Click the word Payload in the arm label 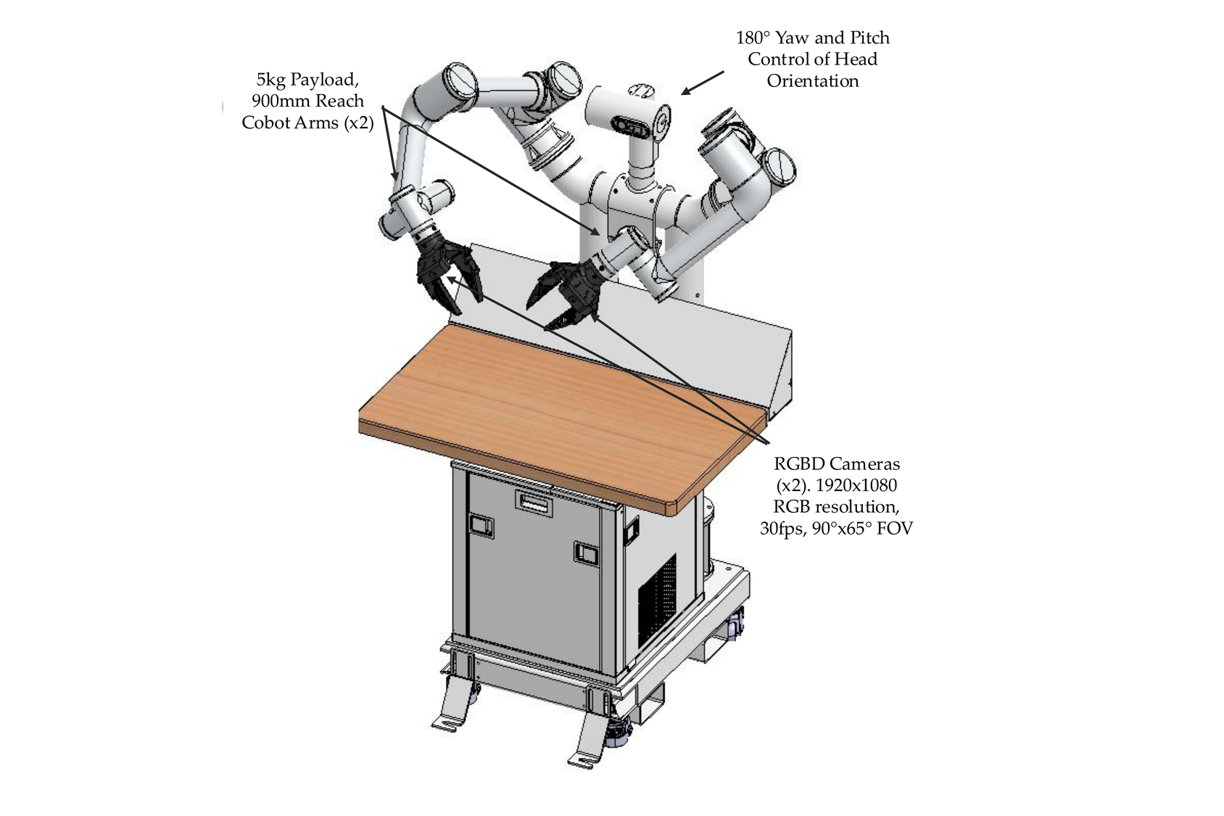point(325,80)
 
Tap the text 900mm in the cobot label point(276,101)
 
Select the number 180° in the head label point(753,38)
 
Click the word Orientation point(813,81)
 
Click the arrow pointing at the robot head point(702,83)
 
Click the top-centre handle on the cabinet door point(533,500)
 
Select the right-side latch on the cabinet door point(585,553)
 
